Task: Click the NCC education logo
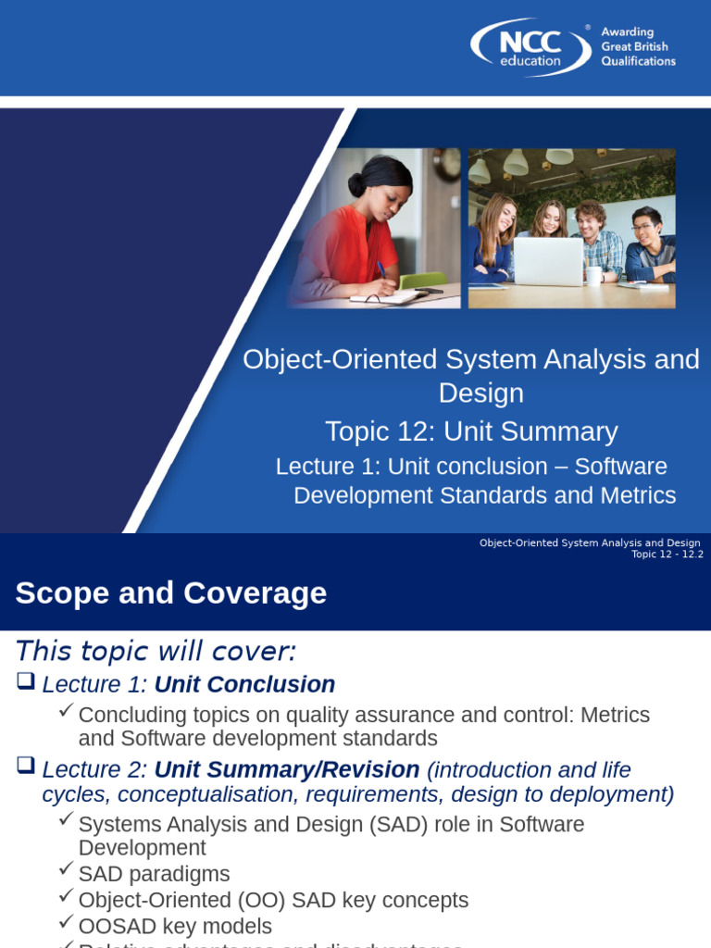530,47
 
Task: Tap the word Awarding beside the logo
627,32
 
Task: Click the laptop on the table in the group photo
548,261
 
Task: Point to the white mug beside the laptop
593,275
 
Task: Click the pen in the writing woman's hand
381,270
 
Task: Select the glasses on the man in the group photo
642,227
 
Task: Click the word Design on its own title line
480,393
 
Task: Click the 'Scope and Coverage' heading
171,593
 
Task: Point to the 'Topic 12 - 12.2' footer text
667,555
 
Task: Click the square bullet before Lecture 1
26,683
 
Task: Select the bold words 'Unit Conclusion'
244,685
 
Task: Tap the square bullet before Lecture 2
26,767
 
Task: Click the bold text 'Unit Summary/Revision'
287,769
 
